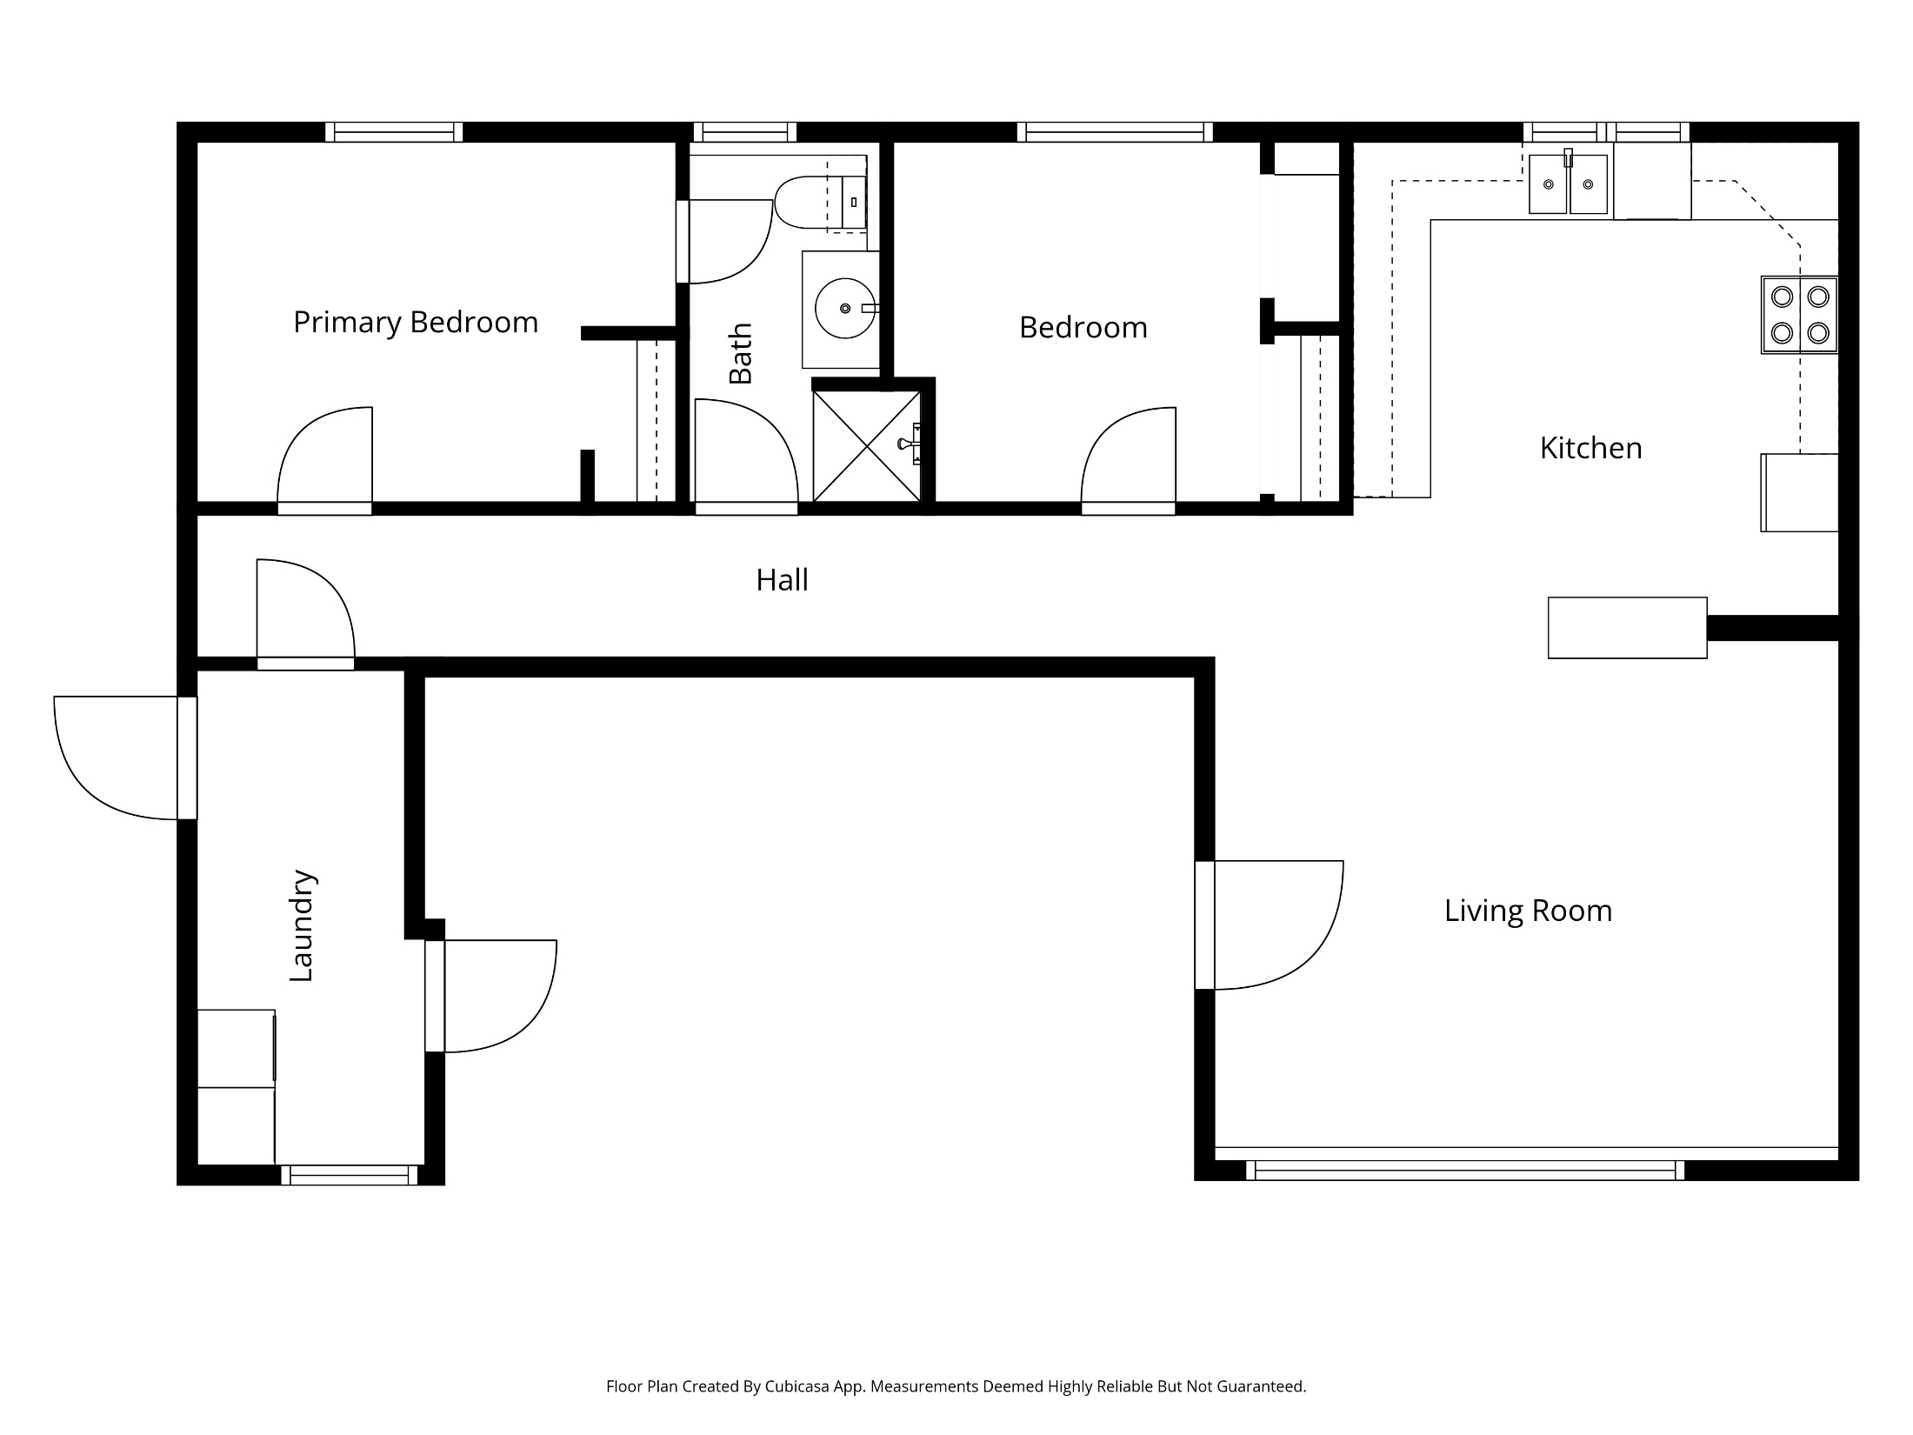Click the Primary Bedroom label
[x=416, y=323]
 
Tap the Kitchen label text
[x=1590, y=448]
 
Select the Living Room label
[x=1528, y=911]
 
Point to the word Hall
[x=782, y=580]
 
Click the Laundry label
[x=302, y=925]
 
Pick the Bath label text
[x=740, y=353]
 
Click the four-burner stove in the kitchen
[x=1799, y=315]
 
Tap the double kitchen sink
[x=1569, y=184]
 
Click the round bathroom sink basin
[x=845, y=308]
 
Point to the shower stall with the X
[x=867, y=446]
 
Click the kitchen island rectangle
[x=1627, y=627]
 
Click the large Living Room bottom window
[x=1465, y=1171]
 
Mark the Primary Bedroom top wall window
[x=394, y=132]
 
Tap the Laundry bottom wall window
[x=350, y=1175]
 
